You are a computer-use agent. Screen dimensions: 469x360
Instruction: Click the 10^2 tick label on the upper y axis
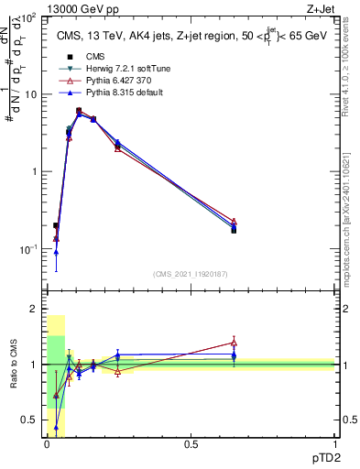[30, 18]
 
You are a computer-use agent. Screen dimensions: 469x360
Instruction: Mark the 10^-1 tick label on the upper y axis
[30, 248]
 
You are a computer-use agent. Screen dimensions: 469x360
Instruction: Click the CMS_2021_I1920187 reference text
[190, 274]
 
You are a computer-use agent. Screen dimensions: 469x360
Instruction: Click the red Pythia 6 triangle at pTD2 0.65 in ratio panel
[234, 343]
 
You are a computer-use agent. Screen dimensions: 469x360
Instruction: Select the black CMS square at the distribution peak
[79, 111]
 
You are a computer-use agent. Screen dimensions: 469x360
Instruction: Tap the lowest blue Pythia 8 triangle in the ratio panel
[56, 427]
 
